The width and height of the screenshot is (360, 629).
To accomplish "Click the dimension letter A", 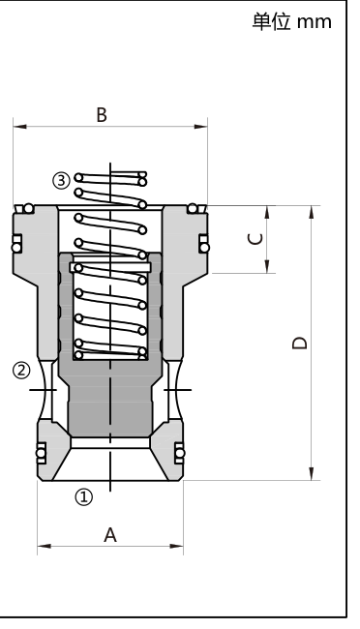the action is pyautogui.click(x=110, y=535).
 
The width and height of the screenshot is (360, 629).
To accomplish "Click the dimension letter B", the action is pyautogui.click(x=102, y=115).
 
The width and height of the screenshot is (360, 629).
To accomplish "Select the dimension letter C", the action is pyautogui.click(x=255, y=239).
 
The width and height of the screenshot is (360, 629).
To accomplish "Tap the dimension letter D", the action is pyautogui.click(x=299, y=343).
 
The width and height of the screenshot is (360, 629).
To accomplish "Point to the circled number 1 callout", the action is pyautogui.click(x=84, y=497).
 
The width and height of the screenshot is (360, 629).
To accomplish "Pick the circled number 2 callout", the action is pyautogui.click(x=21, y=371).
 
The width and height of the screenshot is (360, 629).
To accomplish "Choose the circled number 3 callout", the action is pyautogui.click(x=61, y=181).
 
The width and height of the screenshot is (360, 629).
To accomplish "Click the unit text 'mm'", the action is pyautogui.click(x=315, y=22).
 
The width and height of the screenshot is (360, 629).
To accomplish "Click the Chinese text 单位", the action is pyautogui.click(x=271, y=21).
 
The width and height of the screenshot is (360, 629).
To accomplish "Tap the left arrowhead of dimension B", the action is pyautogui.click(x=19, y=127).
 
